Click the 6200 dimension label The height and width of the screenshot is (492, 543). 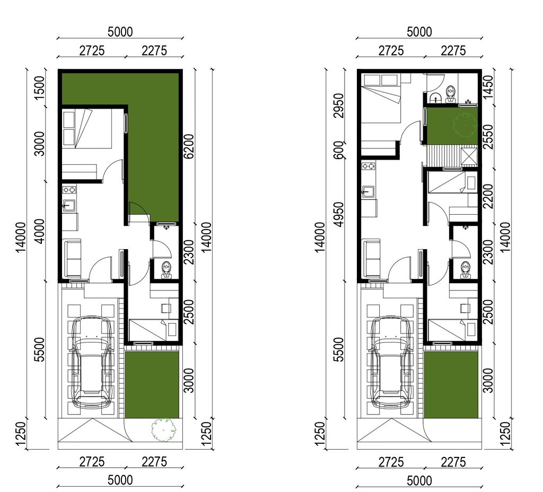point(189,146)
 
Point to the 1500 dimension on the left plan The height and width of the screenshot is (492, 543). point(40,87)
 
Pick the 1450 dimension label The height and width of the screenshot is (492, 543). point(488,87)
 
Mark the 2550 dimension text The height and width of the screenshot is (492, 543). point(488,137)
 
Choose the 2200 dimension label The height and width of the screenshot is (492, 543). point(488,196)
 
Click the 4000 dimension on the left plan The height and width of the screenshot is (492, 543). point(40,231)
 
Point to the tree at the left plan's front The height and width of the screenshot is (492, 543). point(163,429)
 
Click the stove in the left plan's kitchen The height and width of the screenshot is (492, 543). point(69,190)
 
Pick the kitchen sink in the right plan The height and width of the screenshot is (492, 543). point(368,191)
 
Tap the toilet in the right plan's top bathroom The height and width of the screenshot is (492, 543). point(450,94)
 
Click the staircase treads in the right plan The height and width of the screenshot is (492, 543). point(444,156)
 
